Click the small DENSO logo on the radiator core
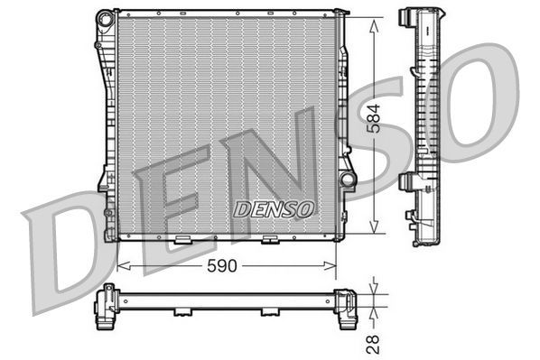pos(274,208)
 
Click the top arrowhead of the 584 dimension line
pos(372,21)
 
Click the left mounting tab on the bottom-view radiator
pos(182,312)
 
